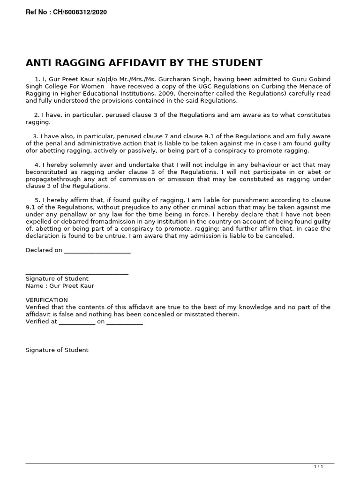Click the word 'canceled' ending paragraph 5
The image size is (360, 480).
point(280,236)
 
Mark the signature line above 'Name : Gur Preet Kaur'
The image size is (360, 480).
point(77,273)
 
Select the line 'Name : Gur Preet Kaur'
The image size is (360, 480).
point(60,286)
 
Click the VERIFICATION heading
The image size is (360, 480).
point(46,300)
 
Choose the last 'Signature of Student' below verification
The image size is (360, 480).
point(57,350)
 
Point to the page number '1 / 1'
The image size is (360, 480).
point(318,466)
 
